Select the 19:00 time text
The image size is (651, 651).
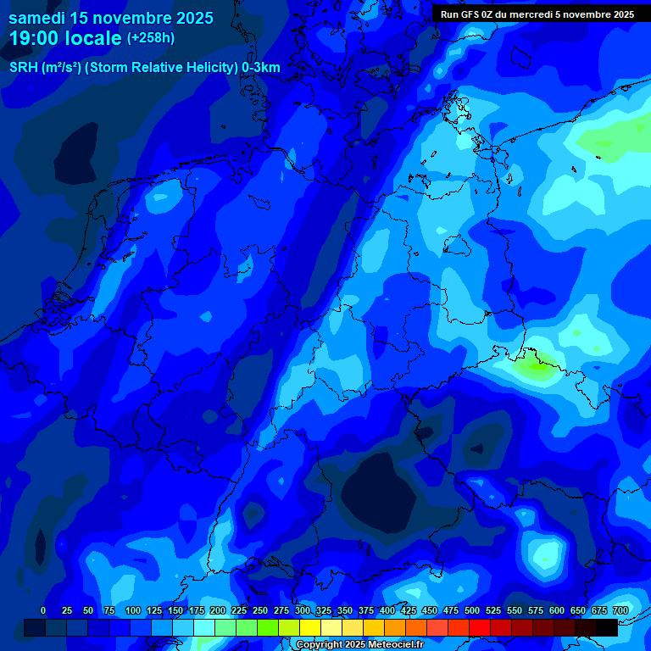(x=36, y=38)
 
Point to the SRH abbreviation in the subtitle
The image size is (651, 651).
(x=23, y=68)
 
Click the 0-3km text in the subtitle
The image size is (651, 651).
(x=261, y=68)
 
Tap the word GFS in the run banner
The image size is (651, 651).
(x=475, y=14)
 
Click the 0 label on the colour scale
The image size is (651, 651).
(x=43, y=610)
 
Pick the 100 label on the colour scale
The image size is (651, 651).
(x=133, y=610)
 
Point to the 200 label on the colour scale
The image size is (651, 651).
(x=218, y=610)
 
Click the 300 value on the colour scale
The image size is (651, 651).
(x=303, y=610)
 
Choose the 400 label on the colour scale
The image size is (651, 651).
(x=387, y=610)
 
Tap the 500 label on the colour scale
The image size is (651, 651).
(x=472, y=610)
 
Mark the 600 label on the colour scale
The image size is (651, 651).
(x=557, y=610)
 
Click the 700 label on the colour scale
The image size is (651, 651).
(x=620, y=610)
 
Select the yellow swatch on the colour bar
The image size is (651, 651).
(x=310, y=627)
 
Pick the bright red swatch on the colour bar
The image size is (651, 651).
(x=480, y=627)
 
